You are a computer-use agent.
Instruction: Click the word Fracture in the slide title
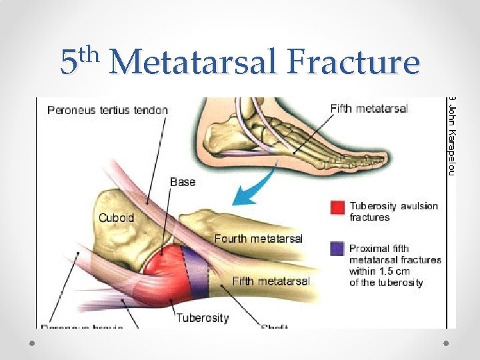coord(353,62)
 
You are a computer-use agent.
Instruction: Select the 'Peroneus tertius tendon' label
coord(107,110)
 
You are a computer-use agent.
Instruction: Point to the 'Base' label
coord(183,181)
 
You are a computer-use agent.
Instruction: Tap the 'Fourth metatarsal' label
coord(258,238)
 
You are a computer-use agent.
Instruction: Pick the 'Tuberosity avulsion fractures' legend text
coord(393,211)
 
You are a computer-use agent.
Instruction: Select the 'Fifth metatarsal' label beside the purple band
coord(271,281)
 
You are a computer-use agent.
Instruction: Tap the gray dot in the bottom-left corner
coord(34,343)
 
